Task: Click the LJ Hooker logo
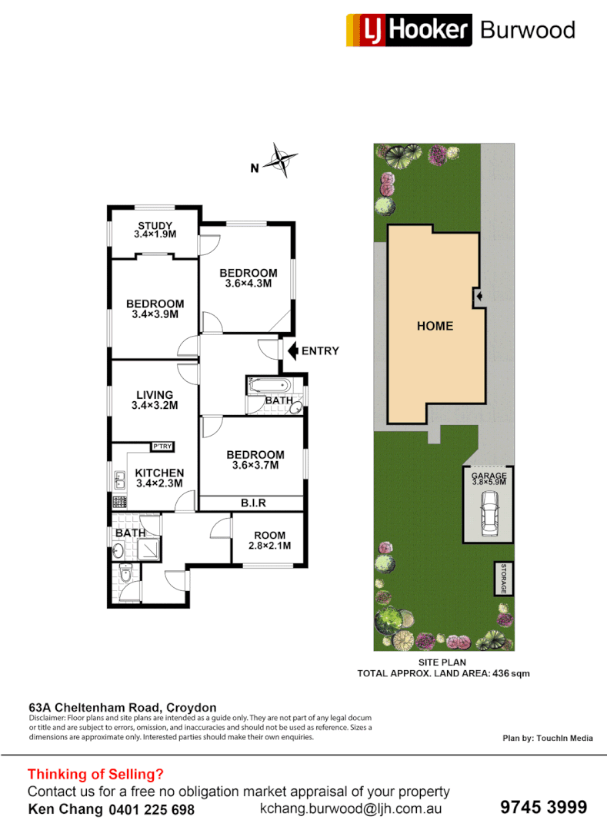tap(409, 30)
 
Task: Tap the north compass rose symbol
tap(282, 161)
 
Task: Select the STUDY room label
tap(155, 225)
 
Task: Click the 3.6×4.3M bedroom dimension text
tap(248, 284)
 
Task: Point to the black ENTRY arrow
tap(292, 350)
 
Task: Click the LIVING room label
tap(155, 395)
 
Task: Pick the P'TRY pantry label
tap(162, 447)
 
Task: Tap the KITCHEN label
tap(159, 473)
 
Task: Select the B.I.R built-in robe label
tap(253, 503)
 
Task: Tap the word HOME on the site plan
tap(435, 326)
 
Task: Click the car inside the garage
tap(489, 513)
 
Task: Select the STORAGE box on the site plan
tap(504, 578)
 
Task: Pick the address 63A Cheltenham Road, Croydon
tap(122, 708)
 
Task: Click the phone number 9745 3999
tap(543, 807)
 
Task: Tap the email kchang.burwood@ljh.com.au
tap(350, 808)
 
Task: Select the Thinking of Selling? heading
tap(95, 775)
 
